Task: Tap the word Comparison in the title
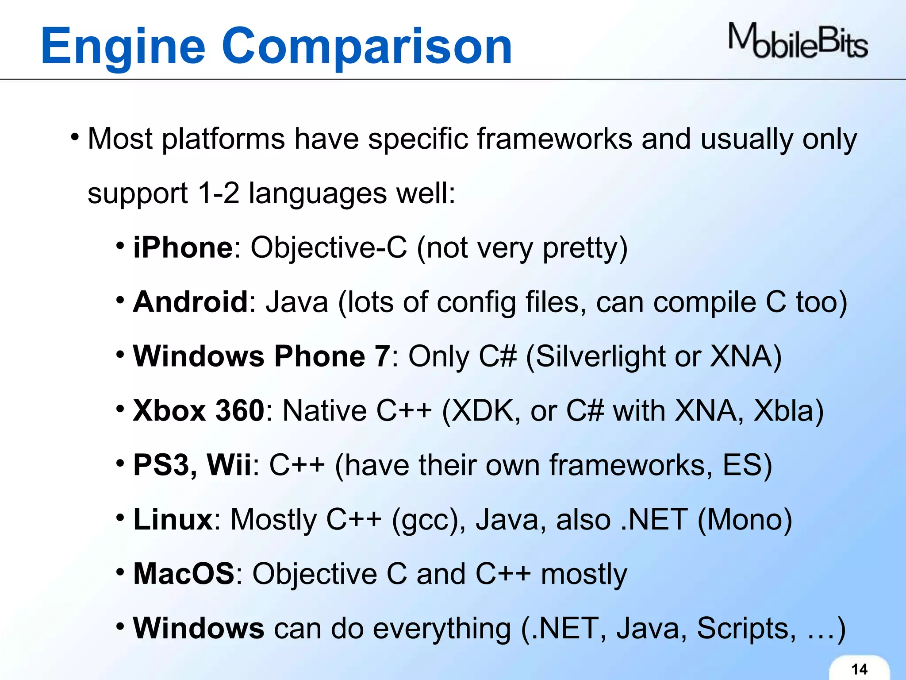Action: pos(367,46)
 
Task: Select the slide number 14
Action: pos(860,669)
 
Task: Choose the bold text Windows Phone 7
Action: pos(261,356)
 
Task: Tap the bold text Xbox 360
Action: pos(199,410)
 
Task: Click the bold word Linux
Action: pos(173,519)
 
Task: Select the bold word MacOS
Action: pos(184,574)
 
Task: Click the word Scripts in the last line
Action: pos(743,629)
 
